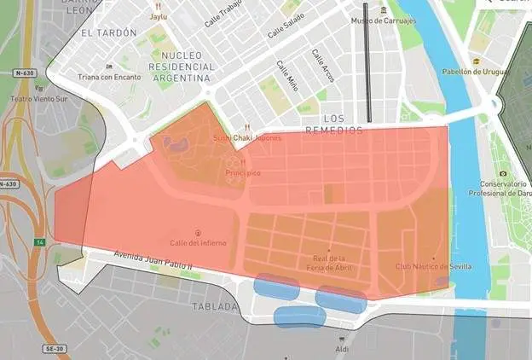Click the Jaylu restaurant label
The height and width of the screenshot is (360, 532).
pos(159,16)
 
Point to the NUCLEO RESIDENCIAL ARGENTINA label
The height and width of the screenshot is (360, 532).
pos(180,65)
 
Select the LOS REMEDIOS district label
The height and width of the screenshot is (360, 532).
pos(344,125)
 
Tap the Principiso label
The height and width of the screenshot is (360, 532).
pos(243,173)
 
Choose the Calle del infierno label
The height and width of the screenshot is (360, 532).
pos(198,242)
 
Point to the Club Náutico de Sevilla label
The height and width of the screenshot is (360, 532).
pos(433,266)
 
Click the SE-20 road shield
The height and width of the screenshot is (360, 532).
pos(55,350)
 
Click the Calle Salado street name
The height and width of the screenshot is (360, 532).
pos(286,29)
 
